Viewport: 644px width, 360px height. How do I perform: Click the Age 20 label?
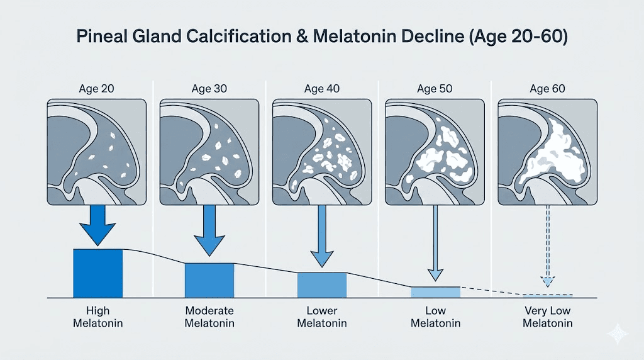click(98, 89)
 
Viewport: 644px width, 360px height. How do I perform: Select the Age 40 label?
click(323, 89)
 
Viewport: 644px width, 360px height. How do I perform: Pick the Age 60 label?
click(548, 89)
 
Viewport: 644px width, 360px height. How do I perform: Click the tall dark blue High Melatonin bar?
click(98, 273)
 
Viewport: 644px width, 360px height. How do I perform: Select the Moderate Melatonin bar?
click(209, 280)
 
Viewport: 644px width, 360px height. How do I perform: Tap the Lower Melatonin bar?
click(321, 284)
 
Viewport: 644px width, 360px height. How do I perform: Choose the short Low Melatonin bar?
click(435, 292)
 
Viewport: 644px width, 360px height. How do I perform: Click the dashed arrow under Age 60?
click(548, 249)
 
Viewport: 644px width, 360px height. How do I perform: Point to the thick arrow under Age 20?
click(98, 225)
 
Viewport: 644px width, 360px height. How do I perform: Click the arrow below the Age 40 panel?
click(322, 236)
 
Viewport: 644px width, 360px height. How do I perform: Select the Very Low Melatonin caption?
click(548, 317)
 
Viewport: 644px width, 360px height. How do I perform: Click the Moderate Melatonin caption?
click(210, 317)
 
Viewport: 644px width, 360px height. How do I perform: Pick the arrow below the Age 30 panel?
click(210, 230)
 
